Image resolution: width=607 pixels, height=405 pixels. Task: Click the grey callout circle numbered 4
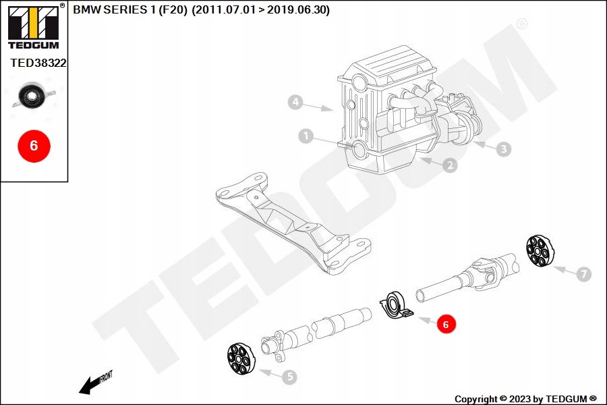click(x=295, y=103)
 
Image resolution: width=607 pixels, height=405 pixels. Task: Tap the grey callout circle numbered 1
click(x=306, y=136)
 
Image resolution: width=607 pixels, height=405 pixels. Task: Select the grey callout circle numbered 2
click(x=450, y=165)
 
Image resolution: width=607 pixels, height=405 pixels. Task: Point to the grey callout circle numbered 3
click(x=504, y=148)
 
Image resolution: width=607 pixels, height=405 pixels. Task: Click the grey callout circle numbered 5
click(x=289, y=377)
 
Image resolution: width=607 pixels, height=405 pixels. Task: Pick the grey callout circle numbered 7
click(x=584, y=274)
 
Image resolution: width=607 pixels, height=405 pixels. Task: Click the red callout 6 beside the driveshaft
click(x=446, y=324)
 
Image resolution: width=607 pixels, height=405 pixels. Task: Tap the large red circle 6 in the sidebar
click(x=34, y=146)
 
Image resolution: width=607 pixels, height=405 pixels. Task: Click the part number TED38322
click(x=38, y=63)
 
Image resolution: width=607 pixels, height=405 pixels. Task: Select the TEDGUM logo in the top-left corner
click(x=34, y=27)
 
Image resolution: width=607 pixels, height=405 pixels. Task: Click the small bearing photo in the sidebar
click(x=33, y=95)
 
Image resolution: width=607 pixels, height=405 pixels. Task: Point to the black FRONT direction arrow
click(x=95, y=383)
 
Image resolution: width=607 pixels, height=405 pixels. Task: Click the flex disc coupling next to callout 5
click(x=241, y=359)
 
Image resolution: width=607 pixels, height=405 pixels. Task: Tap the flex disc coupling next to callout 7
click(x=540, y=250)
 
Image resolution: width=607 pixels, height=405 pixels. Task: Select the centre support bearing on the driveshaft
click(x=396, y=306)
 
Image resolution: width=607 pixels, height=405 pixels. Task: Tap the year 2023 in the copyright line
click(x=519, y=399)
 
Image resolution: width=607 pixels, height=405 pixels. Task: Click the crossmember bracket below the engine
click(x=293, y=223)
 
